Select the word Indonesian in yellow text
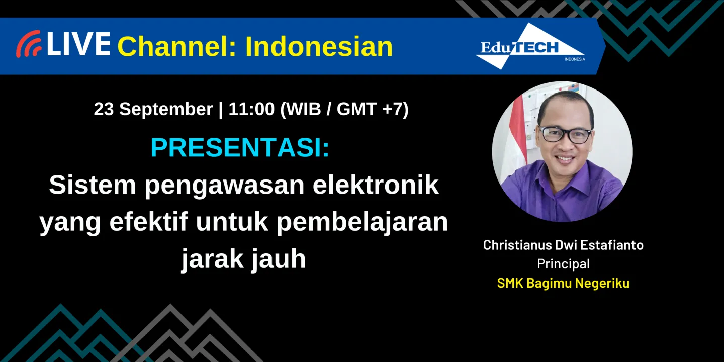coord(319,47)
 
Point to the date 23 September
coord(153,109)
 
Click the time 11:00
coord(251,109)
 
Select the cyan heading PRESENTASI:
coord(240,148)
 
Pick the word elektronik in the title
coord(376,186)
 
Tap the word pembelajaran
coord(362,222)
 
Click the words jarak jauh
coord(243,259)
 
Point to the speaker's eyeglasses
coord(565,134)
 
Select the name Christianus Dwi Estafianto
coord(563,245)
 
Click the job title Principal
coord(563,264)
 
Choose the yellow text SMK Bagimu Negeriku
coord(563,283)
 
